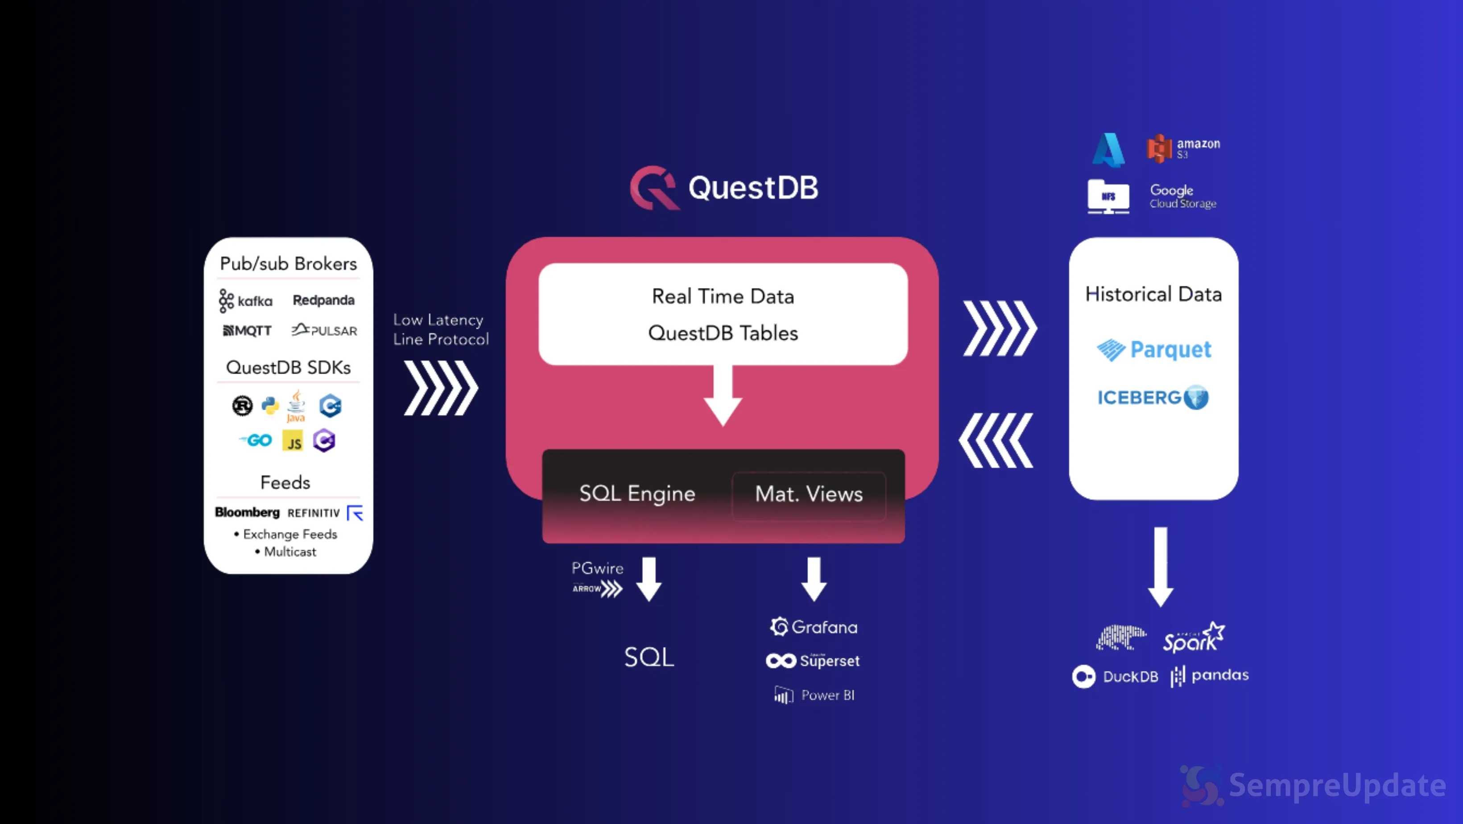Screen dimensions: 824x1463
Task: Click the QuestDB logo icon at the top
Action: [x=654, y=188]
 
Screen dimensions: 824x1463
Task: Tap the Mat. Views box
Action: [x=809, y=494]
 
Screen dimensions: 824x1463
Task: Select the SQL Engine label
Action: [x=637, y=494]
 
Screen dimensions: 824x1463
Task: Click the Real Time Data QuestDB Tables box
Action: [x=723, y=314]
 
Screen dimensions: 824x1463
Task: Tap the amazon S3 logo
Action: [x=1183, y=148]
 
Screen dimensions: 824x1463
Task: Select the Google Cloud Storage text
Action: [x=1182, y=196]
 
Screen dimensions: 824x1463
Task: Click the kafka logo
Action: [x=246, y=301]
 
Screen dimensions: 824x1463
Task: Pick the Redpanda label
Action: [x=324, y=300]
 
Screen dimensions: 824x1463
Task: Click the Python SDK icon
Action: [x=270, y=405]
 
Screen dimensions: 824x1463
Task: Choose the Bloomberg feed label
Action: [x=247, y=512]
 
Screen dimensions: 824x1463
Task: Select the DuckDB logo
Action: [x=1114, y=676]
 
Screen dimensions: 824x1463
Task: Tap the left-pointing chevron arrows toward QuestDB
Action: [x=996, y=441]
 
